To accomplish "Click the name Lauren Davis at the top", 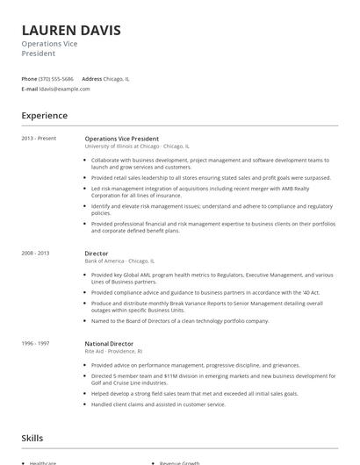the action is point(71,30).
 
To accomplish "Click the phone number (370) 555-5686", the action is point(56,79).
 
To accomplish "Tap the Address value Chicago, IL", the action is point(117,79).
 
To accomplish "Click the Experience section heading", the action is point(44,116).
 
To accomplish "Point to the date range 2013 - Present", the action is point(39,139).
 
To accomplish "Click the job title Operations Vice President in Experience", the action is point(121,139).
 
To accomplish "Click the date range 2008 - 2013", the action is point(35,253).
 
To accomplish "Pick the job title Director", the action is point(96,253).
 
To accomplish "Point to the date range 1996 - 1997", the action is point(35,343).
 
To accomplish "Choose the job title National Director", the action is point(109,343).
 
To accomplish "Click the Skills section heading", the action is point(32,437).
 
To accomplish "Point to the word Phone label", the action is point(29,79).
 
